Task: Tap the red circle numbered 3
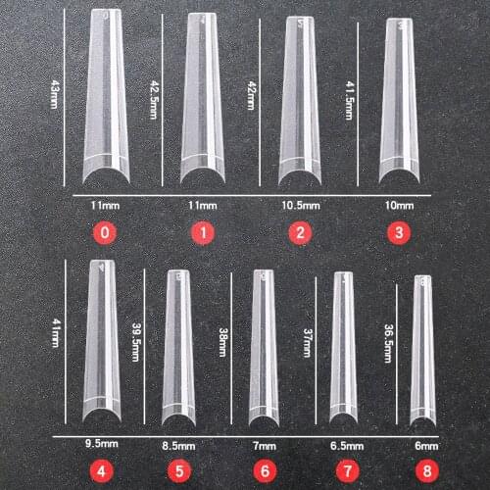[400, 234]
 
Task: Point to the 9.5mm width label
[101, 444]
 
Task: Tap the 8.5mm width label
[177, 446]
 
